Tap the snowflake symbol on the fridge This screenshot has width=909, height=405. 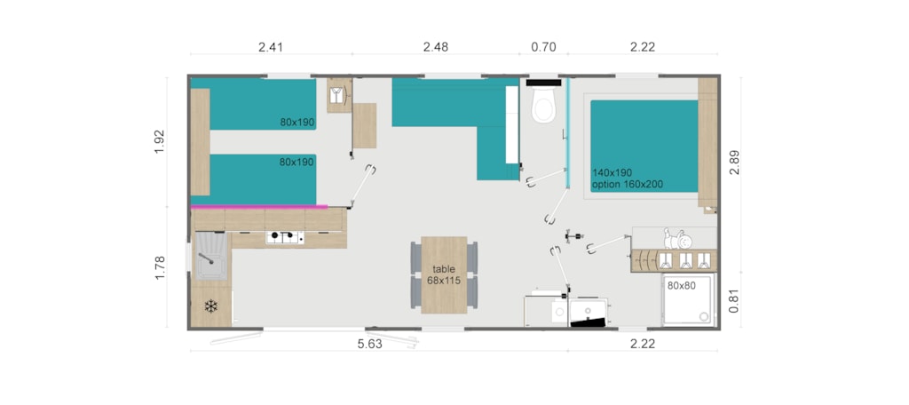coord(211,306)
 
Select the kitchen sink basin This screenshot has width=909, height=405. coord(211,256)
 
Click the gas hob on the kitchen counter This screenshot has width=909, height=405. coord(285,237)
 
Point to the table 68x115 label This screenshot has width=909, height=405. coord(444,274)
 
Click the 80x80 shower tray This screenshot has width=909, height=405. coord(688,300)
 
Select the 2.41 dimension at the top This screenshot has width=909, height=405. coord(271,47)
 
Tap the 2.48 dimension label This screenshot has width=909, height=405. coord(435,47)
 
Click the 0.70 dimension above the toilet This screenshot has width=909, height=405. coord(544,47)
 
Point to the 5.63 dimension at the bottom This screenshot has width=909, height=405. coord(370,344)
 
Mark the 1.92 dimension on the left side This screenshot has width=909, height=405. coord(160,141)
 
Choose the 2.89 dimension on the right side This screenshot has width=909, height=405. coord(734,163)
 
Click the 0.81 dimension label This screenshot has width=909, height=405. coord(734,302)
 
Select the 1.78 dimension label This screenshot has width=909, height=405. coord(160,267)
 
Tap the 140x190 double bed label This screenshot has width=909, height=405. coord(613,172)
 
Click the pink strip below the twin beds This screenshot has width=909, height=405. coord(259,206)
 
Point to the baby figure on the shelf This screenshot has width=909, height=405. coord(677,238)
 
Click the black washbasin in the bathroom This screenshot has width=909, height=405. coord(589,314)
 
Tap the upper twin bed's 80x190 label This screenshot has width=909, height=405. coord(296,123)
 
